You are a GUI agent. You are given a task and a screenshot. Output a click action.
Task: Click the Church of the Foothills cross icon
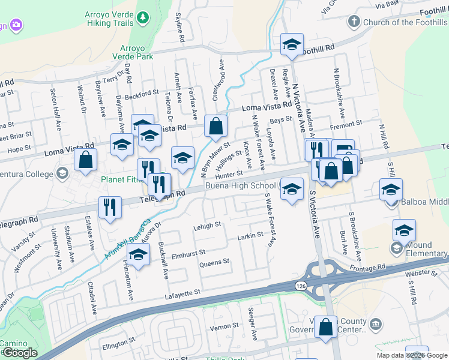tap(354, 22)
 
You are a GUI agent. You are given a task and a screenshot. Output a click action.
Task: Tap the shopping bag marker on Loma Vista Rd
tap(215, 127)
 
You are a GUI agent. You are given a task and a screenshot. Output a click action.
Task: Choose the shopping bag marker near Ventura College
tap(86, 160)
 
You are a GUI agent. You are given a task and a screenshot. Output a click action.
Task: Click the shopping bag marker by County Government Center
tap(325, 327)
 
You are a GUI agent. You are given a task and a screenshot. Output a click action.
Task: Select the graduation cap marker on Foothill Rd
tap(292, 44)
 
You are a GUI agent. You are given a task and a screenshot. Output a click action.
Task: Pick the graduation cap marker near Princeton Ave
tap(139, 256)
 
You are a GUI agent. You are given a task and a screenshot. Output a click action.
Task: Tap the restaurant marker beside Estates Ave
tap(110, 208)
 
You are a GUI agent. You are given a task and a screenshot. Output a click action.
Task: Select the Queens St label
tap(214, 262)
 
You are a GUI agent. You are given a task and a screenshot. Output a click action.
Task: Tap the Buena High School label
tap(244, 186)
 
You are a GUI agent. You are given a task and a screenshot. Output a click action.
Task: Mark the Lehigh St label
tap(207, 227)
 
